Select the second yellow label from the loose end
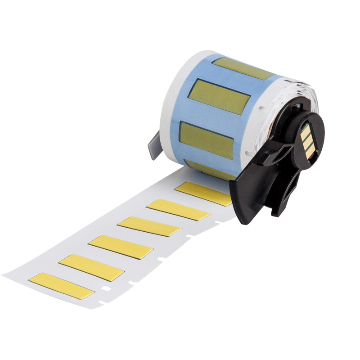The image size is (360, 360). click(x=91, y=267)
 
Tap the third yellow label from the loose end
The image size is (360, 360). click(x=121, y=247)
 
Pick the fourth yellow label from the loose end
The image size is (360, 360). click(x=149, y=226)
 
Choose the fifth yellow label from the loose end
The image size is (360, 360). click(x=178, y=209)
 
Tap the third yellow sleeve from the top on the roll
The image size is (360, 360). click(x=207, y=139)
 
